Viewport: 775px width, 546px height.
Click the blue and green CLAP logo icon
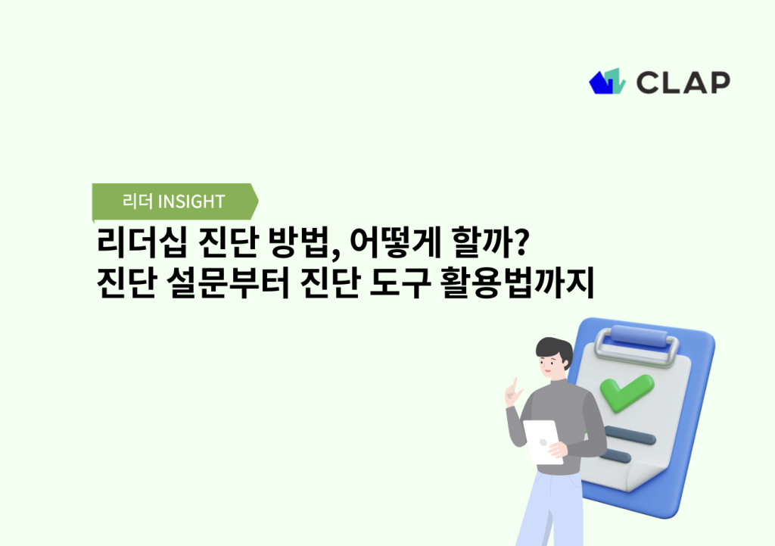(x=607, y=82)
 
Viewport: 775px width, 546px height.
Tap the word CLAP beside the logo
(x=683, y=82)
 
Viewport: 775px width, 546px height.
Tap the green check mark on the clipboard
(x=625, y=391)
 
